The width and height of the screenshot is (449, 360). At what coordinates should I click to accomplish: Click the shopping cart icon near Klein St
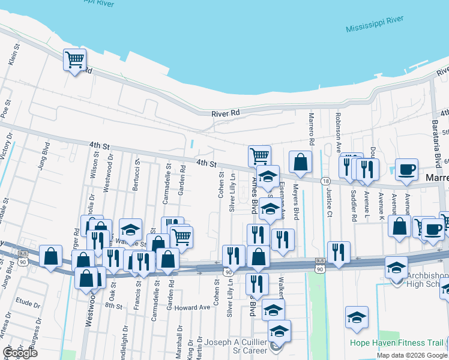74,60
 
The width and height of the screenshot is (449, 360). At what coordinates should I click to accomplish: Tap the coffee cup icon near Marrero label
406,170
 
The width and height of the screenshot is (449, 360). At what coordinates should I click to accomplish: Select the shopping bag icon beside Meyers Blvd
300,162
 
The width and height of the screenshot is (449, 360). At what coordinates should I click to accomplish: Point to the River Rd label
226,113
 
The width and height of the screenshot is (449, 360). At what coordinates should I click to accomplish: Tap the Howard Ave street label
192,307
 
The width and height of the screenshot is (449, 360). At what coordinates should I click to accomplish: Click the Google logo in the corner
20,353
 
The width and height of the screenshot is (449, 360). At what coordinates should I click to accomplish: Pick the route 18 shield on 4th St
325,181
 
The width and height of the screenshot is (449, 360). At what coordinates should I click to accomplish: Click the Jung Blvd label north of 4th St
43,157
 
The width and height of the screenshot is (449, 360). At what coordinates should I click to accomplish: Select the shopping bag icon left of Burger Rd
51,256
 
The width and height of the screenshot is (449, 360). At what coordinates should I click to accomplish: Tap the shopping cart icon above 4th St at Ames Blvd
259,156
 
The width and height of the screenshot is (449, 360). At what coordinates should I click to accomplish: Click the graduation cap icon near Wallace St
130,229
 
